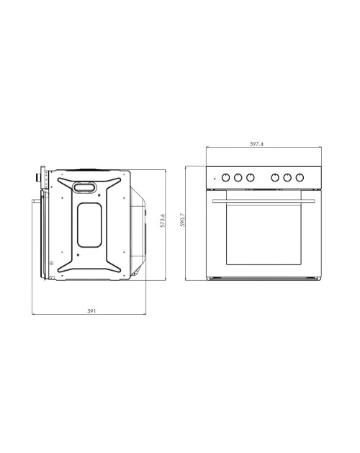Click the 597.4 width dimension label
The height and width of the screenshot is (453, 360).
(x=256, y=143)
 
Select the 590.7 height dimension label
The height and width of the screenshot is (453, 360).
(x=182, y=220)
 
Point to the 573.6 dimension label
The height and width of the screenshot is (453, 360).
(x=163, y=220)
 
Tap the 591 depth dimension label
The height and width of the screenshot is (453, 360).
(x=91, y=311)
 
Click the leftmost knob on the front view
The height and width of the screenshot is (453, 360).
(x=225, y=177)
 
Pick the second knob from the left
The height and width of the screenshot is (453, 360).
(x=238, y=177)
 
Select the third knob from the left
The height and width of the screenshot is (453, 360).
(x=251, y=177)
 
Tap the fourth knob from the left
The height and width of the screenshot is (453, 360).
(x=275, y=177)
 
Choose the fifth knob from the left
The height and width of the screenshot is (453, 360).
(x=287, y=177)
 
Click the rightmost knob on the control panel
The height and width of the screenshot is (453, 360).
(x=300, y=177)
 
